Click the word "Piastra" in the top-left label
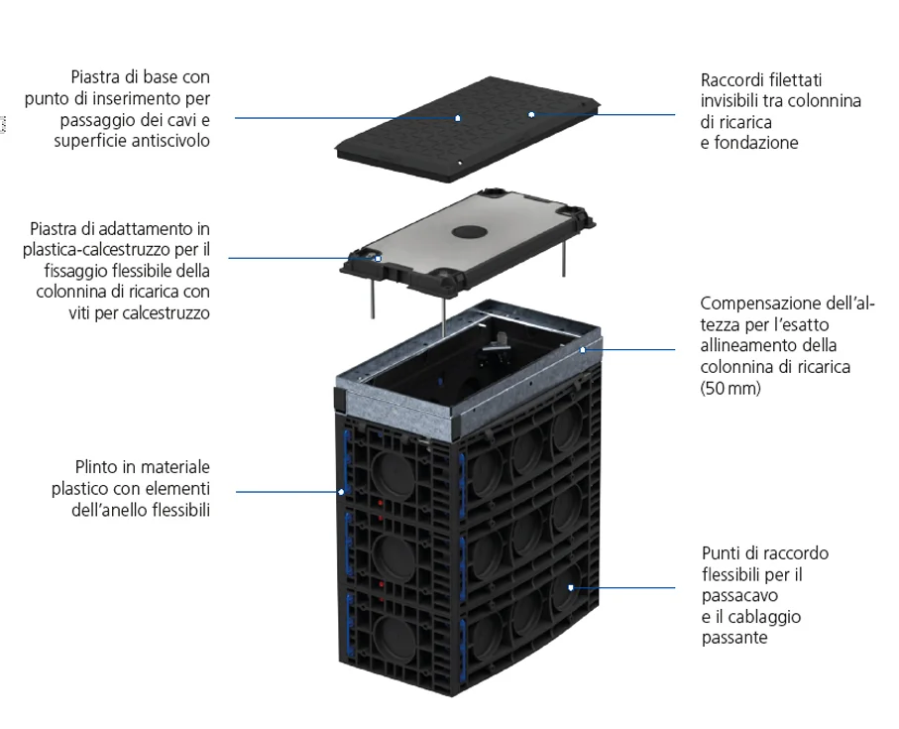pyautogui.click(x=96, y=76)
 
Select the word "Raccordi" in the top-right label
pyautogui.click(x=731, y=79)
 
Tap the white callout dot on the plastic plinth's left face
pyautogui.click(x=340, y=491)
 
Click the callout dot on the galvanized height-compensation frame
pyautogui.click(x=583, y=349)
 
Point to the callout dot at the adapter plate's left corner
pyautogui.click(x=378, y=259)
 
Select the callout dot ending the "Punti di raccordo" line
pyautogui.click(x=572, y=587)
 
